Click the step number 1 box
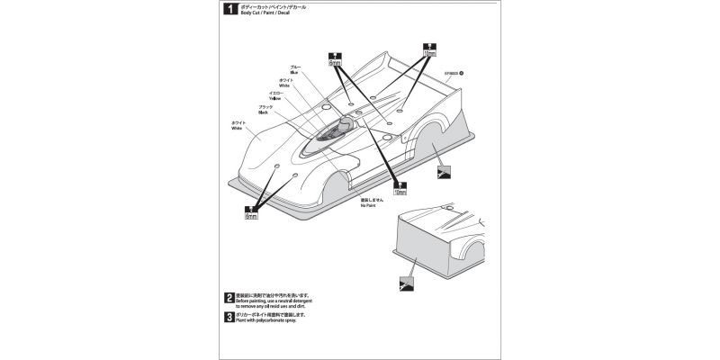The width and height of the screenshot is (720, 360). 229,11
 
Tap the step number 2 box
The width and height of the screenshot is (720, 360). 229,298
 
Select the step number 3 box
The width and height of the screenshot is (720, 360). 229,318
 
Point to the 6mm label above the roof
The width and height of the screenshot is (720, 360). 336,63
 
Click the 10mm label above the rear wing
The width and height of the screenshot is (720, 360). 428,53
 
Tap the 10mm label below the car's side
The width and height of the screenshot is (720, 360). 400,191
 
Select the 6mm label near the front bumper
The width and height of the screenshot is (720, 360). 251,216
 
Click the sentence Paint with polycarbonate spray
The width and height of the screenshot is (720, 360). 272,321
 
